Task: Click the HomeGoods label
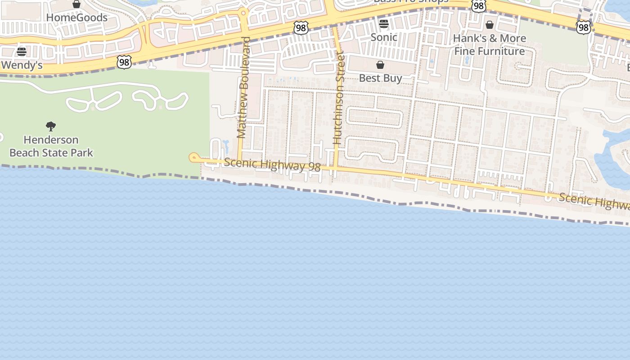tap(77, 18)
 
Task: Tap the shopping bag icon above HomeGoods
tap(76, 4)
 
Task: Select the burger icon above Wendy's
tap(21, 51)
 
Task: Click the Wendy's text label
tap(22, 65)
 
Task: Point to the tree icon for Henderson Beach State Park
tap(51, 126)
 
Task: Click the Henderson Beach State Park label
tap(51, 146)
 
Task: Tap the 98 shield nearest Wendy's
tap(124, 62)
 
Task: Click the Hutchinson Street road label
tap(338, 98)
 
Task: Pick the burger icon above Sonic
tap(384, 23)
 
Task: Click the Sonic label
tap(384, 37)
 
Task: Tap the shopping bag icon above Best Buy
tap(380, 65)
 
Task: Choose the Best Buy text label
tap(380, 78)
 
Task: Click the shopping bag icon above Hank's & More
tap(490, 24)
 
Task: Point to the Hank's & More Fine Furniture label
tap(490, 45)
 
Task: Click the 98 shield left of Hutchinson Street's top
tap(301, 28)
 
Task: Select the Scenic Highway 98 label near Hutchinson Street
tap(272, 165)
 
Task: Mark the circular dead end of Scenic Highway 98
tap(194, 157)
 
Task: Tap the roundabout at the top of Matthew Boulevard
tap(243, 13)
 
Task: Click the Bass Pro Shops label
tap(411, 2)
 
